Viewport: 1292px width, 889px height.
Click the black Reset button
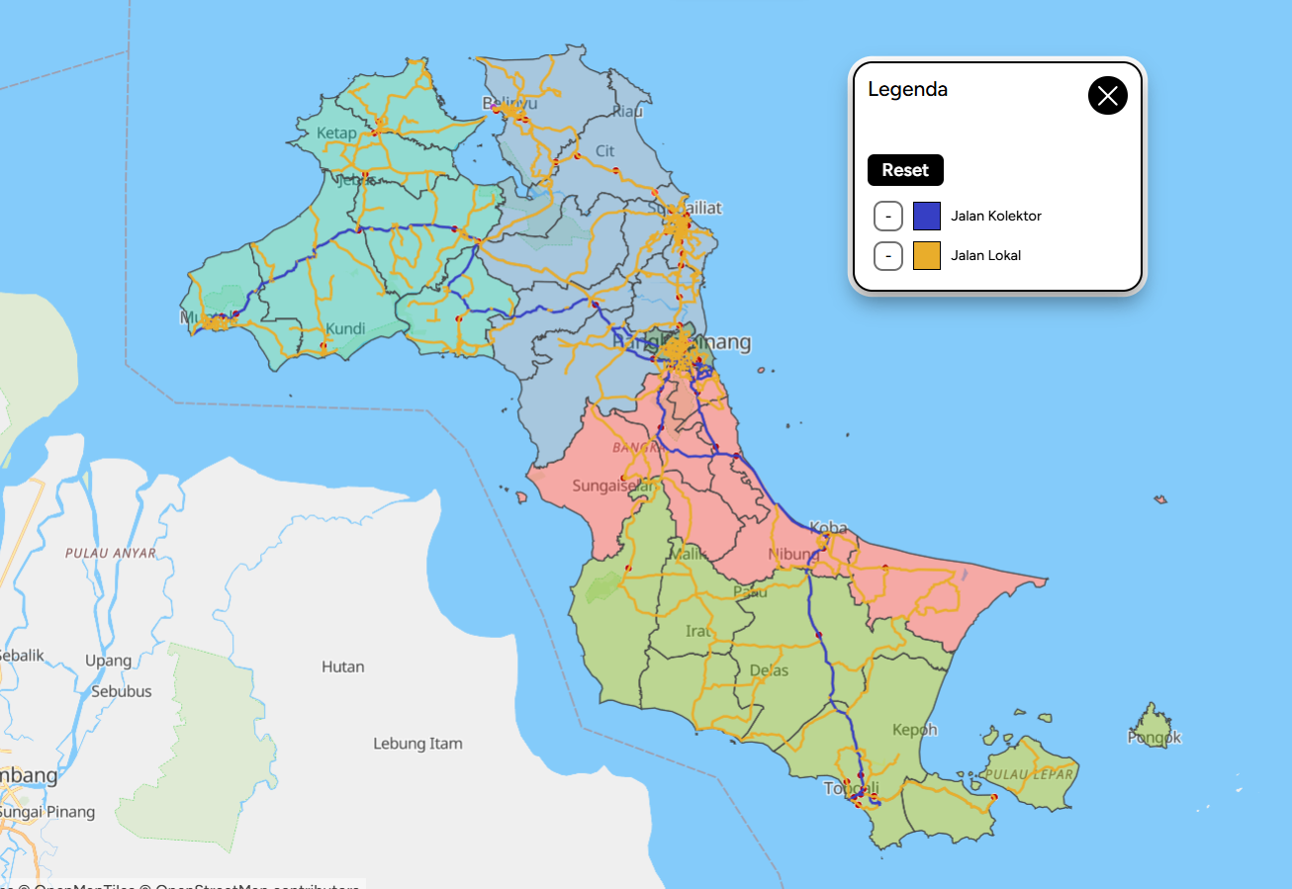(x=905, y=170)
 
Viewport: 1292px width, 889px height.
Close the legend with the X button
(x=1107, y=96)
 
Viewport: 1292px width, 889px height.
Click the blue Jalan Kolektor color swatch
(x=926, y=216)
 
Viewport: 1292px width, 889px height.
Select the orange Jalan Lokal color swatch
(x=926, y=255)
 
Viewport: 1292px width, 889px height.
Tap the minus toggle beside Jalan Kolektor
(x=888, y=216)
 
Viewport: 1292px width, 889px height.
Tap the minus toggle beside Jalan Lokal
(x=888, y=255)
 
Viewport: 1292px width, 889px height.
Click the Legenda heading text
(x=907, y=89)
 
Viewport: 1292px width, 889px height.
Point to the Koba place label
(x=828, y=528)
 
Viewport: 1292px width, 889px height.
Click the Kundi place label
(x=345, y=328)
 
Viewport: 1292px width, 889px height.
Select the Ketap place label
(x=336, y=133)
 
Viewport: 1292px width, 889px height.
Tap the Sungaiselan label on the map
(x=613, y=486)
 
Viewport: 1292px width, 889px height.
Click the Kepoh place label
(x=914, y=730)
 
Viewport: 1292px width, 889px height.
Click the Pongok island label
(x=1154, y=737)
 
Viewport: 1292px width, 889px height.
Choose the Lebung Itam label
(x=417, y=744)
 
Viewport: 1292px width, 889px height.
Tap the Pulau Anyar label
(x=111, y=553)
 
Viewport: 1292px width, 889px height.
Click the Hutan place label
(x=342, y=667)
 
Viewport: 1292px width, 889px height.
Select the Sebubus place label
(x=122, y=691)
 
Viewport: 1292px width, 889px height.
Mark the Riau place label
(x=627, y=111)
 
